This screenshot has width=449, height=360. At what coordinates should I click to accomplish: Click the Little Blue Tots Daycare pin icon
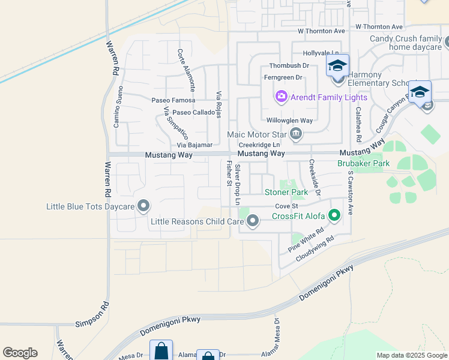click(143, 206)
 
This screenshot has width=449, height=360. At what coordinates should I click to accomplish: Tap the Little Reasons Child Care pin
click(253, 221)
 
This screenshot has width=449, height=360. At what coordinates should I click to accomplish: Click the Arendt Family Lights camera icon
click(281, 97)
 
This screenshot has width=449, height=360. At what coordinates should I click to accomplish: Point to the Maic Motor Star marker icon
click(295, 134)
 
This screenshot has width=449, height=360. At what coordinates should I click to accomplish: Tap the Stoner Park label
click(286, 193)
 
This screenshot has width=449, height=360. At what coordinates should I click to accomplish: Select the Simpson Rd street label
click(92, 322)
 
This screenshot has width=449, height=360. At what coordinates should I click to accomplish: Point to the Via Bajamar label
click(194, 145)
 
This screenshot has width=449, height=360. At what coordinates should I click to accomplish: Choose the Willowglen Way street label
click(289, 120)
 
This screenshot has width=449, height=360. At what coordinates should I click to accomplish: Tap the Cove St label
click(286, 206)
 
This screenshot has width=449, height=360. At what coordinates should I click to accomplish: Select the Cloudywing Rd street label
click(314, 247)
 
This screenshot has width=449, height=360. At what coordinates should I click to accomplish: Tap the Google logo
click(20, 353)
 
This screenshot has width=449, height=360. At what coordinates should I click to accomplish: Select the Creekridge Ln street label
click(259, 145)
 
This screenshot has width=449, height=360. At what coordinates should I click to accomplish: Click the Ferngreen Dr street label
click(283, 77)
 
